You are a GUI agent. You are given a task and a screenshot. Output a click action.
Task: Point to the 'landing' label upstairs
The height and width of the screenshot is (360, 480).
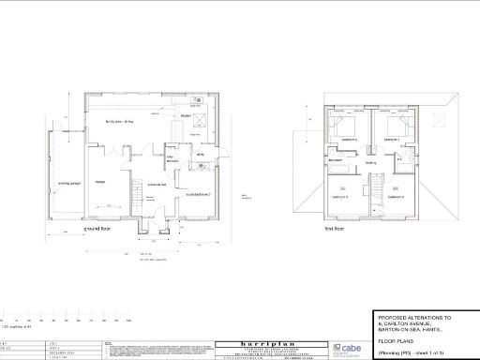click(x=370, y=163)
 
